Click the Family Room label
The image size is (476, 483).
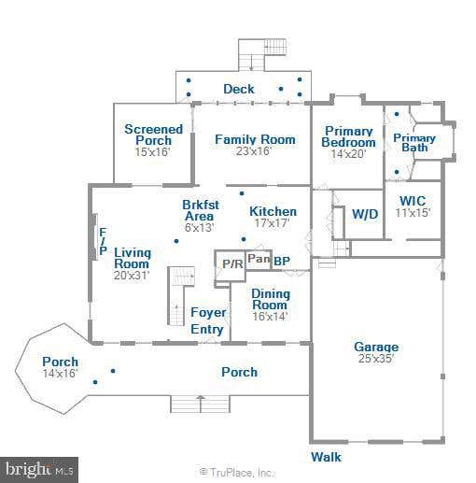coord(255,139)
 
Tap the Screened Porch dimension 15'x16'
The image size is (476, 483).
coord(153,152)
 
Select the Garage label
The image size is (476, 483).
coord(376,347)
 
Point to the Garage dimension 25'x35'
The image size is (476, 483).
coord(376,358)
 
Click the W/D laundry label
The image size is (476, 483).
coord(365,214)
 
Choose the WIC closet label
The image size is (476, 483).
coord(413,201)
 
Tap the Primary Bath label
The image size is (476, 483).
coord(414,143)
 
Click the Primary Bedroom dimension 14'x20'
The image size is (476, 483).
coord(348,154)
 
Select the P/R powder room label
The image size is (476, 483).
coord(232,264)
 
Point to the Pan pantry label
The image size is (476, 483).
coord(259,259)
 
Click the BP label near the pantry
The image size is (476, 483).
coord(282,261)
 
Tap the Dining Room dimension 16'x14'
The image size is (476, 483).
coord(270,316)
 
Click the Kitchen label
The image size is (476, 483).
coord(273,211)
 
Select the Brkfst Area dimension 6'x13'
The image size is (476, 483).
coord(199,227)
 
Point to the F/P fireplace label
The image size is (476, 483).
coord(103,241)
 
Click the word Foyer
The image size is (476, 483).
coord(208,312)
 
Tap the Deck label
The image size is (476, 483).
coord(239,89)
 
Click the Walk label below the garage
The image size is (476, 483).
coord(326,457)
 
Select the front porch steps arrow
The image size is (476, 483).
coord(201,404)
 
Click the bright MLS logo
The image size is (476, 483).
coord(39,470)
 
